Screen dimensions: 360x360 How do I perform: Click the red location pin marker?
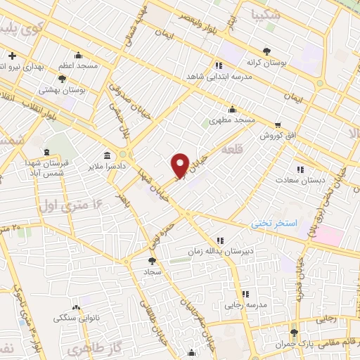tap(180, 165)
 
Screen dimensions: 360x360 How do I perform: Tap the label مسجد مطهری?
tap(235, 121)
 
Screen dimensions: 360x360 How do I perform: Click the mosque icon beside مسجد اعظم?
tap(77, 56)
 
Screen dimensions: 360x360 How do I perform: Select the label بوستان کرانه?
tap(266, 63)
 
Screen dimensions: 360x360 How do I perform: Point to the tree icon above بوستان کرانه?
tap(266, 51)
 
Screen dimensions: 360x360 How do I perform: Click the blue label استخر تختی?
tap(276, 223)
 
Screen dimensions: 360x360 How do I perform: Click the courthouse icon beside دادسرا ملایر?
tap(107, 155)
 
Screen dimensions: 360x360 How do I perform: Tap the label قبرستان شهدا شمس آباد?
tap(45, 168)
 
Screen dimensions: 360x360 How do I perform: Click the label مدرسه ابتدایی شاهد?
tap(214, 75)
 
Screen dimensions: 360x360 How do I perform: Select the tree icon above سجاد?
tap(153, 259)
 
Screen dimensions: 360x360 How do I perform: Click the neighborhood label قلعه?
tap(231, 150)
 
